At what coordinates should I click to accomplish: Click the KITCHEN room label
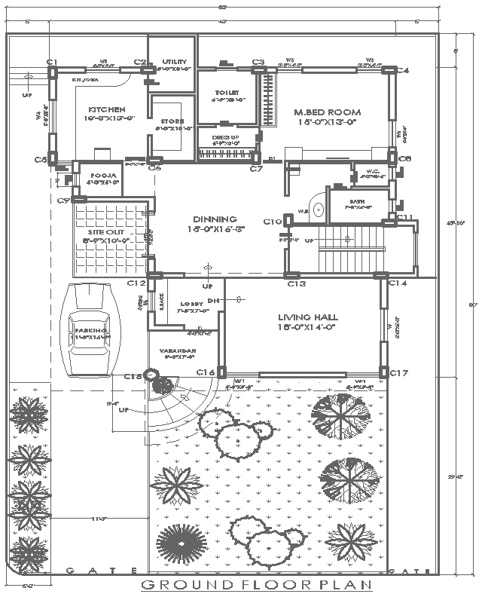(x=105, y=109)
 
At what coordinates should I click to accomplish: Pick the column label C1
(x=52, y=62)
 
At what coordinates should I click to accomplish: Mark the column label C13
(x=296, y=284)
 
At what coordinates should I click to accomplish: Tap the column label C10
(x=272, y=222)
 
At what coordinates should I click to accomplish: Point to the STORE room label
(x=172, y=121)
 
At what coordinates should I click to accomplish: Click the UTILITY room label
(x=175, y=62)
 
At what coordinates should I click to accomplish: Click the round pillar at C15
(x=152, y=375)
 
